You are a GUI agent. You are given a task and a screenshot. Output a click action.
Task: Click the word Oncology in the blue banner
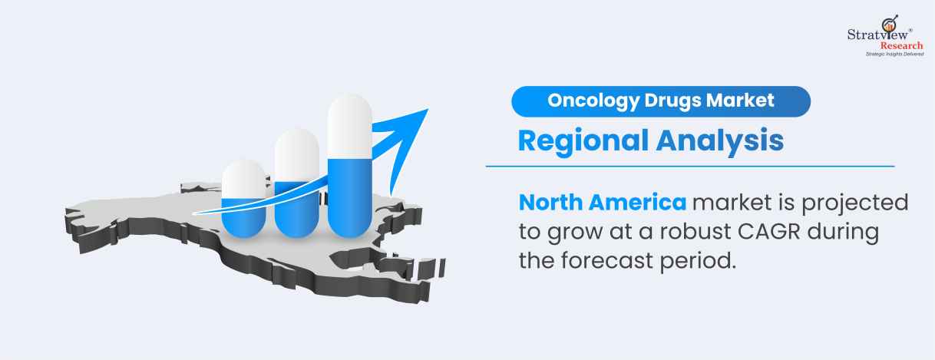click(593, 101)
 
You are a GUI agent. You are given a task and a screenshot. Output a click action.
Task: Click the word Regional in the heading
click(583, 141)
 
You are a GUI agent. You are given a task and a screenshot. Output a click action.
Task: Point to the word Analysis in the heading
click(720, 141)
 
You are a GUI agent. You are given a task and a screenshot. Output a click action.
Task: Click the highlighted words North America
click(603, 203)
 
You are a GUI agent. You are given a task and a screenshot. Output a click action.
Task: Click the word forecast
click(607, 261)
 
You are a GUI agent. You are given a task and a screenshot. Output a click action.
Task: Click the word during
click(843, 233)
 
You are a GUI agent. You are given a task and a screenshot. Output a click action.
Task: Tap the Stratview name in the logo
click(877, 35)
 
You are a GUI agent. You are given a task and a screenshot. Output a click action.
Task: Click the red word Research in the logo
click(901, 45)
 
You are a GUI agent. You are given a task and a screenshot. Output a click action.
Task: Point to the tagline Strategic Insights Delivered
click(894, 54)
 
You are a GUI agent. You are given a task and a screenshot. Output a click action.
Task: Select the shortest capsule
click(244, 199)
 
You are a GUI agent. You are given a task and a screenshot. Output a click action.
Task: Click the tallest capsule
click(350, 166)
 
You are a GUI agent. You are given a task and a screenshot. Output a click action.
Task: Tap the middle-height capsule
click(297, 183)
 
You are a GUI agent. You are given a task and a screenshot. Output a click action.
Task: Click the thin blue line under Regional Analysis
click(690, 166)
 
